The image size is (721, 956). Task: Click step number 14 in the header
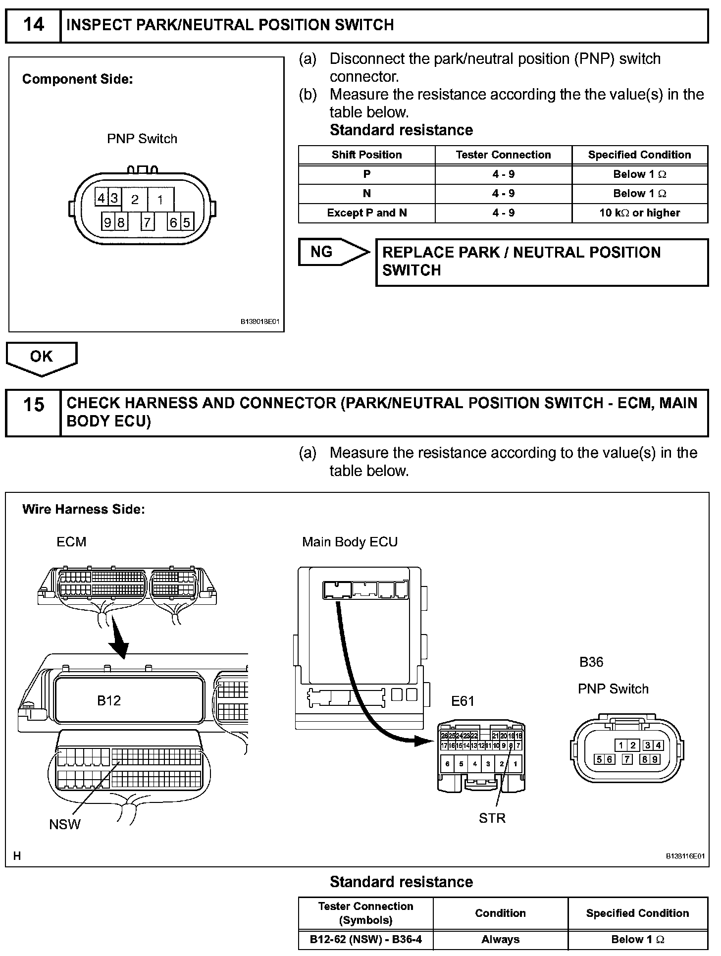(x=33, y=25)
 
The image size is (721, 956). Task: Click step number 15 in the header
(x=33, y=405)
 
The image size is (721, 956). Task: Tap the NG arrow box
(x=332, y=252)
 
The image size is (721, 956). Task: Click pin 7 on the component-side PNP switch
(x=147, y=222)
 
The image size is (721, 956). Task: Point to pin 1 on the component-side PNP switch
(x=160, y=200)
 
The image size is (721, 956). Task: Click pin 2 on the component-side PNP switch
(x=135, y=200)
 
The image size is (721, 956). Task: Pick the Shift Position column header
(x=366, y=155)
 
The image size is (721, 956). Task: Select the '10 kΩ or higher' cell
(x=639, y=213)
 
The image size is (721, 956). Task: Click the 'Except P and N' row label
(x=366, y=213)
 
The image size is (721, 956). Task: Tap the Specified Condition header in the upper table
(x=639, y=155)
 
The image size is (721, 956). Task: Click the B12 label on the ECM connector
(x=109, y=700)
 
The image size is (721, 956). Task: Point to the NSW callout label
(x=65, y=824)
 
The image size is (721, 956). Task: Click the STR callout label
(x=492, y=818)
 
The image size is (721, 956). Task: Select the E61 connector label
(x=463, y=701)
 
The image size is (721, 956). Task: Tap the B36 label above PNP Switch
(x=591, y=662)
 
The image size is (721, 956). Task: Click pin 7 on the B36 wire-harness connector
(x=627, y=759)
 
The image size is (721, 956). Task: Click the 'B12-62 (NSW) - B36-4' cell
(x=366, y=939)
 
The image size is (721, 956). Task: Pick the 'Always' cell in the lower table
(x=500, y=939)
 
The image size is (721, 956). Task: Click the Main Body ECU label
(x=350, y=542)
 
